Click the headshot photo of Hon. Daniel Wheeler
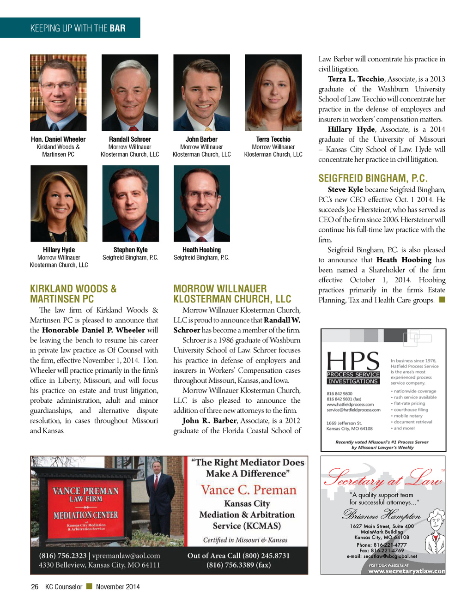click(x=58, y=92)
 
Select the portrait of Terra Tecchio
click(x=273, y=92)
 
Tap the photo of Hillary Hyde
click(x=59, y=203)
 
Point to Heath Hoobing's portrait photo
click(x=201, y=203)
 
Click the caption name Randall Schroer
click(x=130, y=139)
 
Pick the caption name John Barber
click(x=201, y=139)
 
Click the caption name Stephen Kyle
click(x=130, y=250)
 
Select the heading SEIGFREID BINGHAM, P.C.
click(x=373, y=178)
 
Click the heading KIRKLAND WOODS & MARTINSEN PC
click(x=73, y=294)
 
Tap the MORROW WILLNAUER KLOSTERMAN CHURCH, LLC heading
click(x=232, y=294)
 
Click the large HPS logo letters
click(x=353, y=361)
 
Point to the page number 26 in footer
click(x=35, y=587)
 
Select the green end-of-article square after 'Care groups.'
click(x=442, y=300)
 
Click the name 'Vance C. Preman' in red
click(x=249, y=490)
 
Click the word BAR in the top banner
click(x=117, y=28)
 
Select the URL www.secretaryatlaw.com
click(x=406, y=571)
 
